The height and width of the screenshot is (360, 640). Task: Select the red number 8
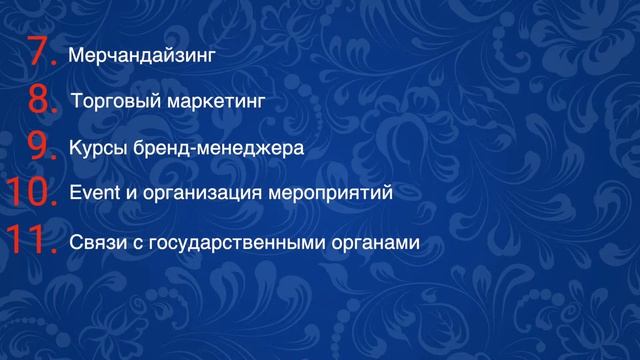click(x=40, y=99)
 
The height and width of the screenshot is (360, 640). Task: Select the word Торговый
click(x=110, y=101)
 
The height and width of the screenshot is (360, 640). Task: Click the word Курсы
click(x=95, y=148)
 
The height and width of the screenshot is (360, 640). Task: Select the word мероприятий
click(x=334, y=193)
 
